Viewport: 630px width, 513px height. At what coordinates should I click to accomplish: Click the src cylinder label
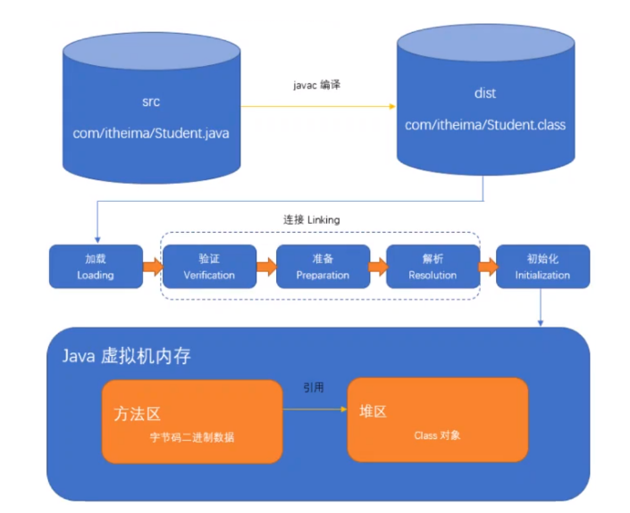151,102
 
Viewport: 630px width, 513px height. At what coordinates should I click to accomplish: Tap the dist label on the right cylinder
484,94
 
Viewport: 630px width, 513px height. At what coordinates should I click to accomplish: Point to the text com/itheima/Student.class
484,125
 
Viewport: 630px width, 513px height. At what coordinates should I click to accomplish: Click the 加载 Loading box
95,267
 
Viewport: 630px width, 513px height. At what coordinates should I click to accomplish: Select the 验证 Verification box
209,267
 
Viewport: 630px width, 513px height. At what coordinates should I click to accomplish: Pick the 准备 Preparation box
323,267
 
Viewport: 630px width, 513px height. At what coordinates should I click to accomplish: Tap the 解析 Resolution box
433,267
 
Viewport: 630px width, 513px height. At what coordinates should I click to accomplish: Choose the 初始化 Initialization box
542,267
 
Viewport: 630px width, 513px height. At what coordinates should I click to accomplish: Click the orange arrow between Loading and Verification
151,267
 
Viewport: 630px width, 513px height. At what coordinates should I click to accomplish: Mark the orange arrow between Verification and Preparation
265,267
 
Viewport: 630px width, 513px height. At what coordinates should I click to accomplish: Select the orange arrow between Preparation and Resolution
377,267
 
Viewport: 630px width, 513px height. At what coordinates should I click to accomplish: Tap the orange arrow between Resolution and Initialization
488,267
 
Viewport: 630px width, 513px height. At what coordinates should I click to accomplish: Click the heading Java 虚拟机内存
126,356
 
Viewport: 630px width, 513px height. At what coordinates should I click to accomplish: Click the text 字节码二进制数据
192,438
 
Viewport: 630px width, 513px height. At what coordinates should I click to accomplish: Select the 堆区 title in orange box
374,412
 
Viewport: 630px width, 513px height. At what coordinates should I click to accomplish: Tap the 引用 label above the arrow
314,389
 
